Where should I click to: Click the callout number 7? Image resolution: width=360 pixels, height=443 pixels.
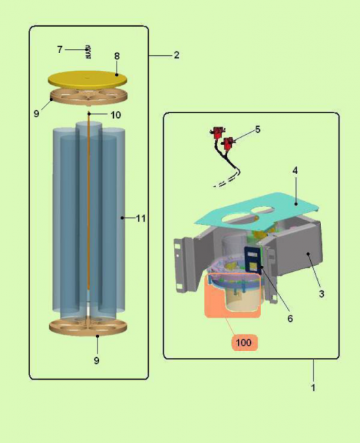click(x=59, y=50)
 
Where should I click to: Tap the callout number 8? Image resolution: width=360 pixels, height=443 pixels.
click(x=117, y=56)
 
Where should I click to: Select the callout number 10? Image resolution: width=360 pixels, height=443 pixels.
click(x=116, y=115)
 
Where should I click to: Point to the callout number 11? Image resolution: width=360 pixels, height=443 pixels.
click(x=140, y=218)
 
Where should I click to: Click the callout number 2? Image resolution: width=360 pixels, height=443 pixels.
click(x=177, y=55)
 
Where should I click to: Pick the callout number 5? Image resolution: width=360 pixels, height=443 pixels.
click(x=258, y=129)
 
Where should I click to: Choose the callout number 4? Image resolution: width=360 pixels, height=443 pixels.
click(x=295, y=170)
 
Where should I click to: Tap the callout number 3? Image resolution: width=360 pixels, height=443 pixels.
click(x=322, y=294)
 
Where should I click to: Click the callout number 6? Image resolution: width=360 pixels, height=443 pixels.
click(x=290, y=319)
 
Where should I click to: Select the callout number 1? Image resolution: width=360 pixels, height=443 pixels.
click(x=313, y=388)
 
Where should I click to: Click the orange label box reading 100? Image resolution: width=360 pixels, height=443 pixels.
click(x=243, y=342)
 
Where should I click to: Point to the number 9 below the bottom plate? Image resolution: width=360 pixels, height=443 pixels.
click(x=97, y=361)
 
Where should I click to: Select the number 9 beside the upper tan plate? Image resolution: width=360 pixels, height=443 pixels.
click(x=36, y=114)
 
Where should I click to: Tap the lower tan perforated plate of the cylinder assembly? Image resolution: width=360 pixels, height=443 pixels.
click(x=88, y=326)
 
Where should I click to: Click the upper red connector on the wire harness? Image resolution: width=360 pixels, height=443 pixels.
click(x=217, y=132)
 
